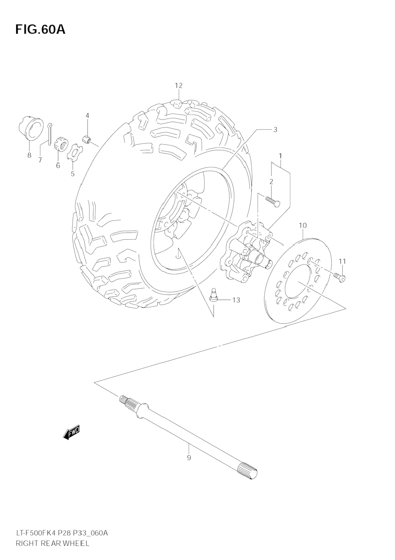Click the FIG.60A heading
pyautogui.click(x=40, y=29)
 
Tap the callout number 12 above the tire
pyautogui.click(x=179, y=86)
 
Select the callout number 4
pyautogui.click(x=87, y=116)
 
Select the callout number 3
pyautogui.click(x=275, y=130)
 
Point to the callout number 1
pyautogui.click(x=280, y=156)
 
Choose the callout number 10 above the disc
pyautogui.click(x=303, y=226)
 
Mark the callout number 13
pyautogui.click(x=236, y=300)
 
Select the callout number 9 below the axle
pyautogui.click(x=189, y=457)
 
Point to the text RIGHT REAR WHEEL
pyautogui.click(x=53, y=544)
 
